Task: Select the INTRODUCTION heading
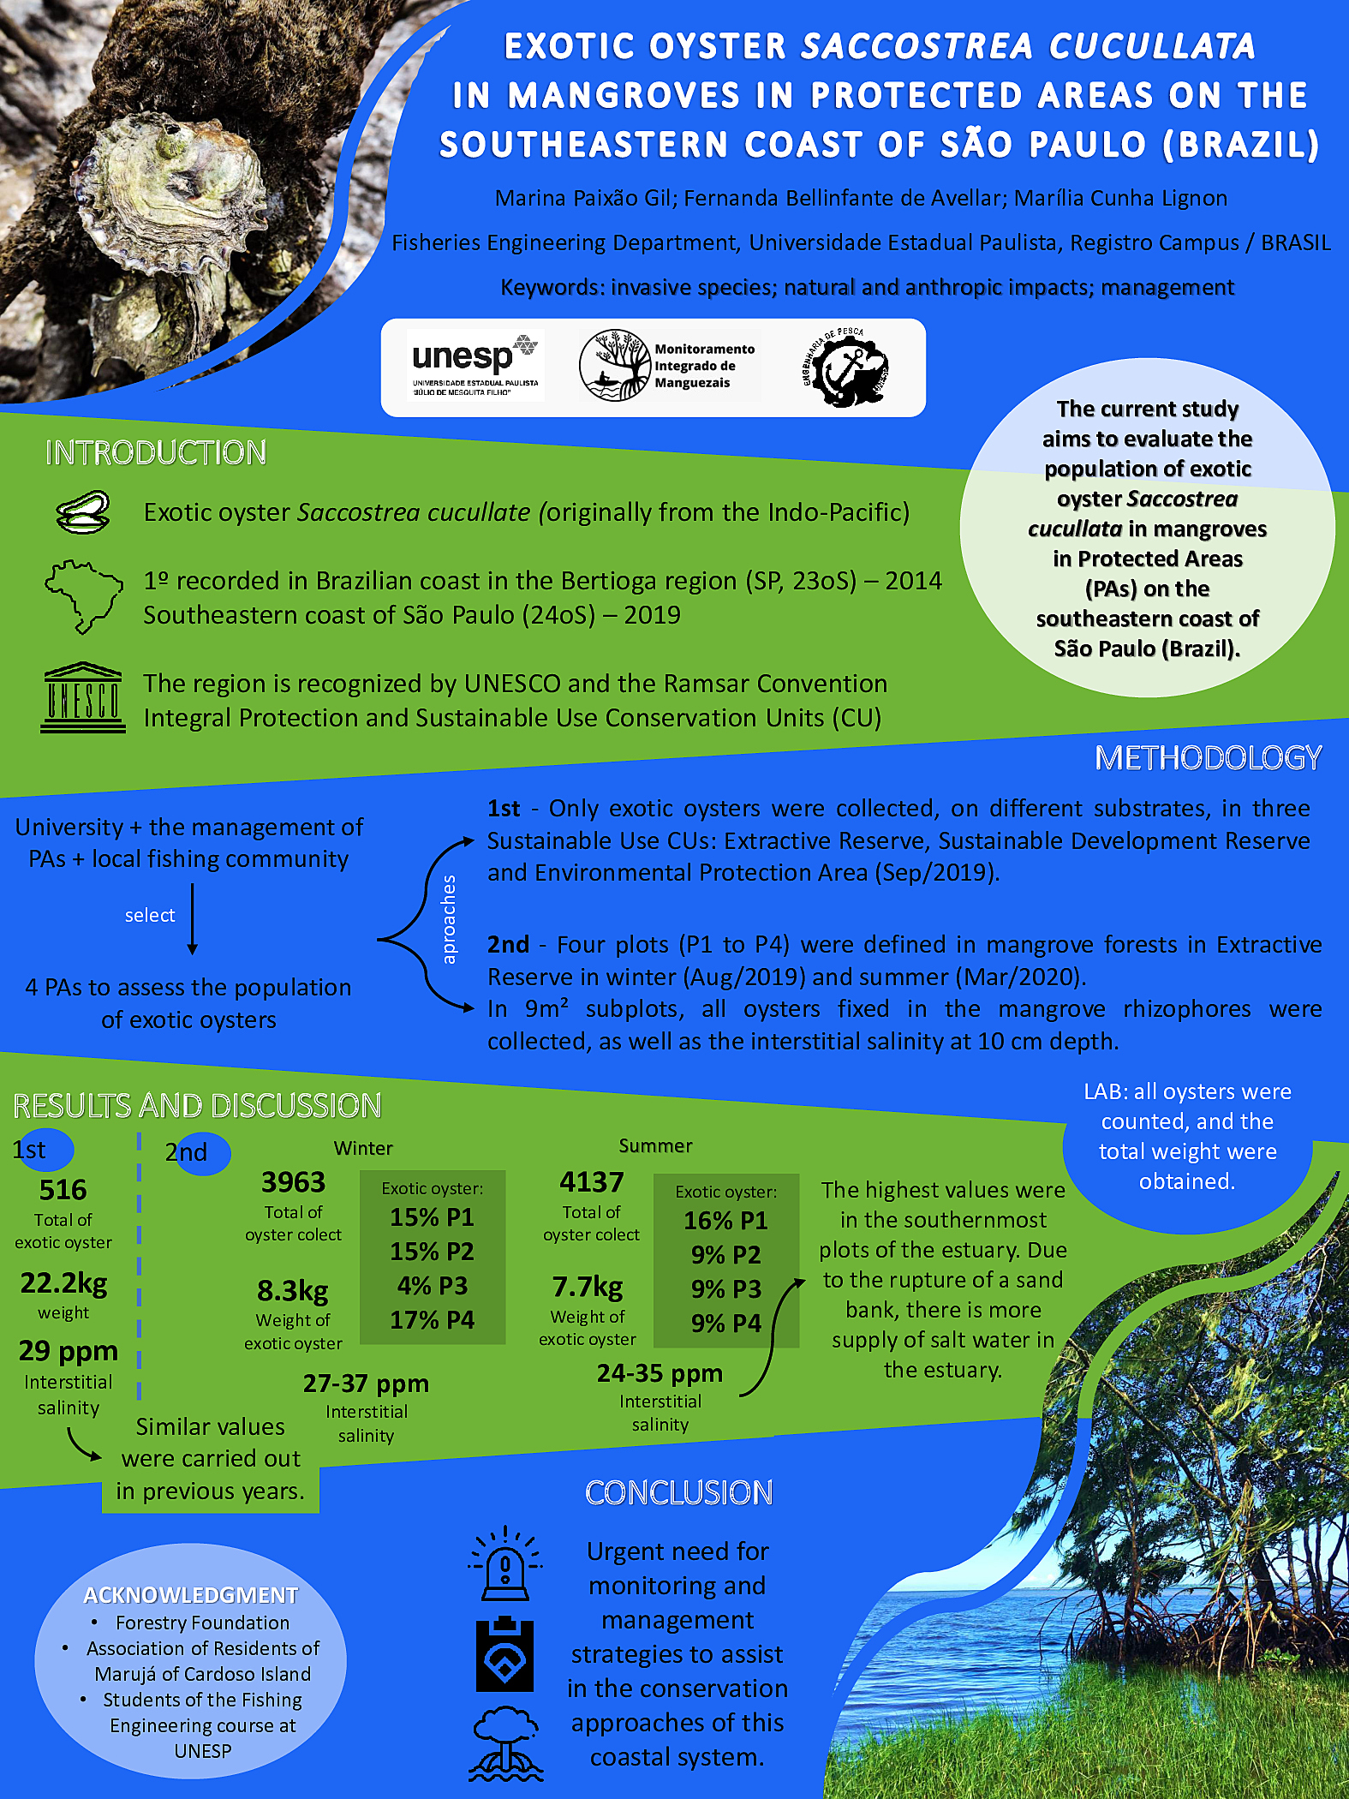tap(156, 452)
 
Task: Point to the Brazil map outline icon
tap(84, 595)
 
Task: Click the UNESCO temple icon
tap(83, 697)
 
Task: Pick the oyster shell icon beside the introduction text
tap(83, 513)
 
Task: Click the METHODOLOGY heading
tap(1208, 757)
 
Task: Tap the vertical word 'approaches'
tap(449, 919)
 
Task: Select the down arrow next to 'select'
tap(193, 919)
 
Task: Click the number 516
tap(63, 1189)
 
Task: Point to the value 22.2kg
tap(64, 1282)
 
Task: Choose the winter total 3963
tap(293, 1182)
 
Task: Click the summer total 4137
tap(591, 1182)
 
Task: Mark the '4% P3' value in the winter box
tap(432, 1286)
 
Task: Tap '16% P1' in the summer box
tap(725, 1221)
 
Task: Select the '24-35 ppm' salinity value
tap(660, 1373)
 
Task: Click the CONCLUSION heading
tap(678, 1493)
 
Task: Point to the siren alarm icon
tap(505, 1564)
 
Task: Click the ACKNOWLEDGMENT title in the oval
tap(190, 1595)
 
